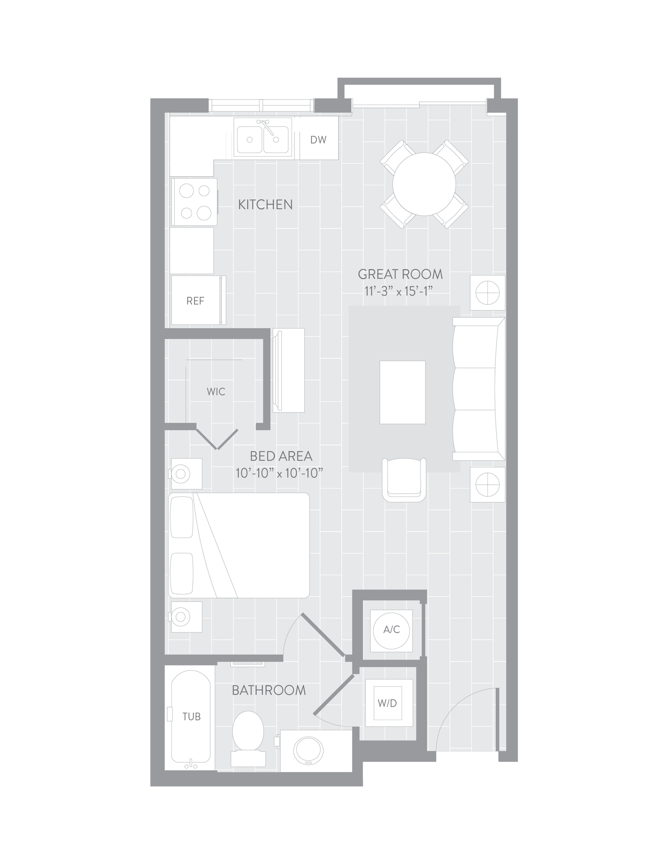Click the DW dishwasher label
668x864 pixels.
click(x=318, y=140)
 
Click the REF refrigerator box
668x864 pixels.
click(x=196, y=300)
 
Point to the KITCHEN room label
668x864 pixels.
click(x=265, y=205)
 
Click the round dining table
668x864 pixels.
click(x=424, y=184)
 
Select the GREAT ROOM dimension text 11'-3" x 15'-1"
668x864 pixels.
click(x=399, y=291)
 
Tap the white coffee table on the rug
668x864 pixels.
click(x=402, y=392)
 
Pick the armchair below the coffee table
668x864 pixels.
click(x=404, y=480)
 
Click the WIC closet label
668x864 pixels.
click(x=216, y=391)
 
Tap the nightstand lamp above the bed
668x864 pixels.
click(x=181, y=473)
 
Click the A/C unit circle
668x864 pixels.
click(x=391, y=630)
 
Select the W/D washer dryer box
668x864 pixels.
click(x=388, y=703)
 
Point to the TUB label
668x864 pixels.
click(x=191, y=716)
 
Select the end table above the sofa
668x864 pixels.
click(x=488, y=292)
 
